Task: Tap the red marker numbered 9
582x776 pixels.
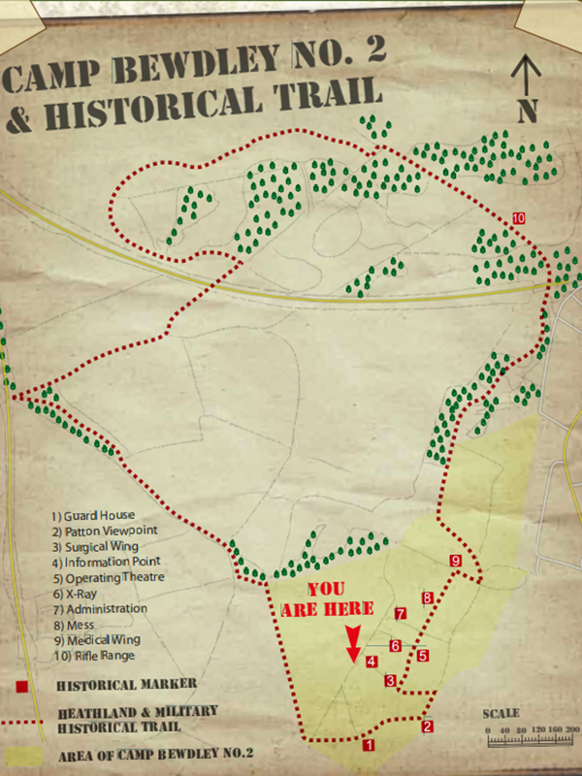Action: point(456,561)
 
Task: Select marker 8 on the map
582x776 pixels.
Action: point(427,598)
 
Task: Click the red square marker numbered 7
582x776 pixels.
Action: point(400,613)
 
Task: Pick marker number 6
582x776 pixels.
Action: point(396,645)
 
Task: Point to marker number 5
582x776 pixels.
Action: point(423,656)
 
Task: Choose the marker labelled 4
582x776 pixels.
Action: point(372,663)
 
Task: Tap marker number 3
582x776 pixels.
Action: point(390,681)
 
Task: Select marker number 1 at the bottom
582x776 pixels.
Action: point(368,745)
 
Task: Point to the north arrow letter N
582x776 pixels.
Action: point(527,111)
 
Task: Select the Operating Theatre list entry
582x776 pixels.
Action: point(109,577)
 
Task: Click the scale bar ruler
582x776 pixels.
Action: point(533,742)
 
